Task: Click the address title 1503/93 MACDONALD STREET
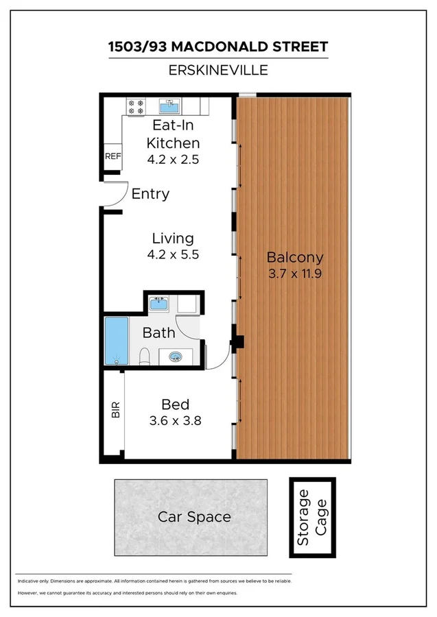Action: click(218, 47)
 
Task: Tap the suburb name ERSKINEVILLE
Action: click(218, 69)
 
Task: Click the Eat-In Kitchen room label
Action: click(173, 134)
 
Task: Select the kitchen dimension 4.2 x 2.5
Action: click(173, 158)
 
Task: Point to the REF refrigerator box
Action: click(113, 156)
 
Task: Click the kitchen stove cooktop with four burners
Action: click(136, 106)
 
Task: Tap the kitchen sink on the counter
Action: click(169, 106)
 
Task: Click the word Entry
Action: click(150, 194)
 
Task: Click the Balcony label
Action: click(294, 258)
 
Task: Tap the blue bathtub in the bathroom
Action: click(116, 340)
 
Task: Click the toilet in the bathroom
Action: click(145, 356)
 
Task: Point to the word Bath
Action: click(158, 333)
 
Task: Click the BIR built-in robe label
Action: click(115, 411)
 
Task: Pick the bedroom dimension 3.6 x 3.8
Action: click(175, 421)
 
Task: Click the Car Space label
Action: click(194, 517)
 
